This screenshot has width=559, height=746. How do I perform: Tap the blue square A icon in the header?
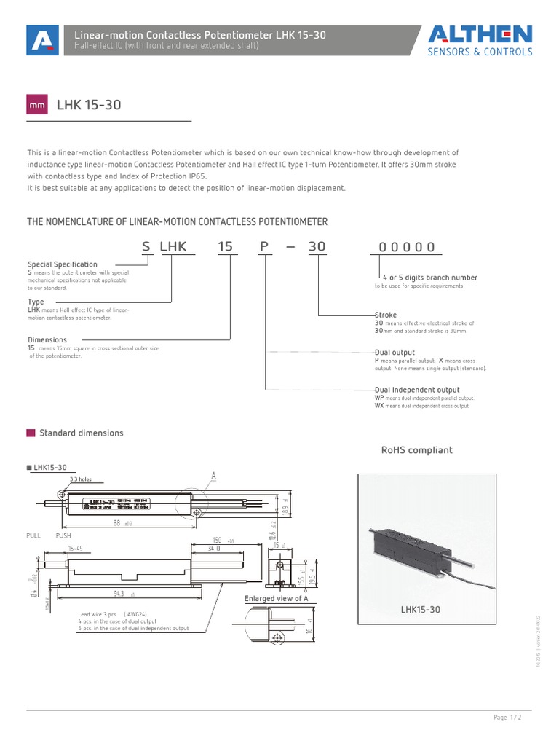coord(41,41)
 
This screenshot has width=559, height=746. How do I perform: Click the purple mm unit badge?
coord(37,106)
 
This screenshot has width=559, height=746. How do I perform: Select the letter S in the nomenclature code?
coord(146,247)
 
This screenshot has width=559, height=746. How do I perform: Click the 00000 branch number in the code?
coord(407,247)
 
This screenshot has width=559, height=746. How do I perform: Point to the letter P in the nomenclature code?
coord(263,247)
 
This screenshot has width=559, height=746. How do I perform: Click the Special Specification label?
coord(62,264)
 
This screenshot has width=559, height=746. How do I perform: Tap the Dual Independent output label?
coord(416,390)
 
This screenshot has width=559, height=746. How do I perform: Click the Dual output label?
coord(394,353)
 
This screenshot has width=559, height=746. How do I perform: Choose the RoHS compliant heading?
coord(417,450)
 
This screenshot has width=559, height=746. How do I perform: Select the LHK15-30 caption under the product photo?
coord(421,608)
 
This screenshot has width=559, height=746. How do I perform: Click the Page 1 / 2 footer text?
coord(508,718)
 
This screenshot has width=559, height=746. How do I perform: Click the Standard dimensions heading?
coord(81,433)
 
